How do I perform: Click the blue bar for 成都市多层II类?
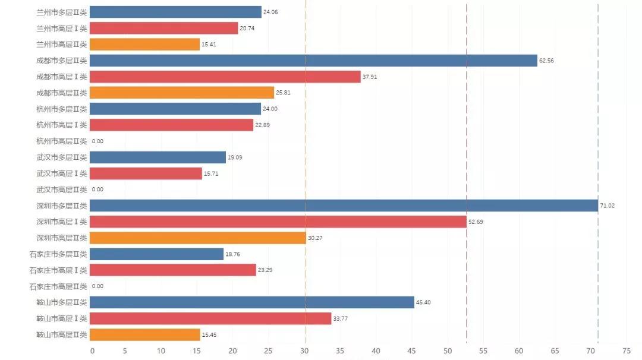[x=313, y=61]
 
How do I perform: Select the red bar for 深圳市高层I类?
[x=278, y=222]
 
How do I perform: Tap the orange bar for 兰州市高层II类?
[x=144, y=45]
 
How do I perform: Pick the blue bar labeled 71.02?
[x=344, y=206]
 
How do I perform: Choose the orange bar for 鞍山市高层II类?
[x=144, y=334]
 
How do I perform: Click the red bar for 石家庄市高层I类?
[x=172, y=270]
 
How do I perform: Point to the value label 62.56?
[x=546, y=61]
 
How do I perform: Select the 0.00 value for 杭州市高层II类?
[x=97, y=141]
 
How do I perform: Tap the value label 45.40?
[x=423, y=302]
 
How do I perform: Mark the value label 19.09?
[x=235, y=157]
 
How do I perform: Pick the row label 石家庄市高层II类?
[x=58, y=286]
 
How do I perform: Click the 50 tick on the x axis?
[x=447, y=351]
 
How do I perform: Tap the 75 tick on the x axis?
[x=626, y=351]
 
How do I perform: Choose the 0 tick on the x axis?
[x=92, y=351]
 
